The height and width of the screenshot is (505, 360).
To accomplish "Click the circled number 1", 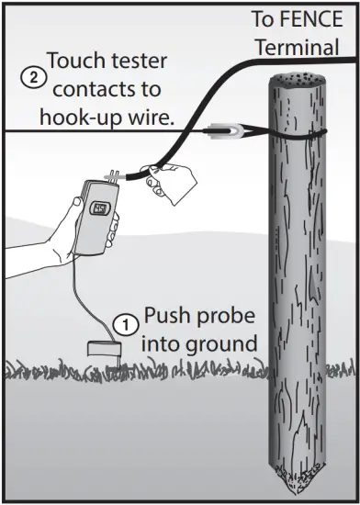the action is (x=127, y=322).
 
